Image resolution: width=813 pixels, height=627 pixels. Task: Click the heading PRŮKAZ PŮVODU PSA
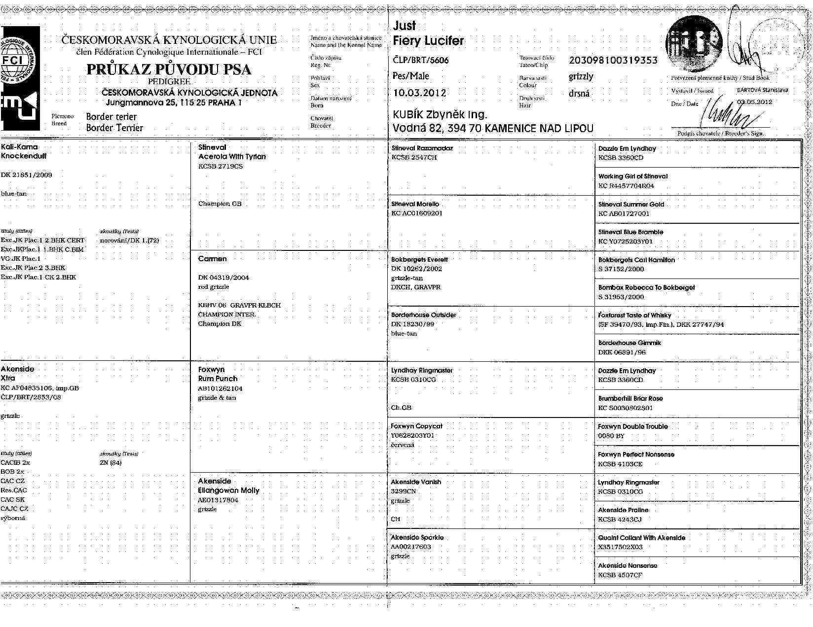(169, 70)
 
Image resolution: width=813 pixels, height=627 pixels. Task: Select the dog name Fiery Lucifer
(428, 40)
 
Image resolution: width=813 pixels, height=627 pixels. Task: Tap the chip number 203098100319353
(613, 61)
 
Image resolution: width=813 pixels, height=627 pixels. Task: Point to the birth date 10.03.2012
(419, 93)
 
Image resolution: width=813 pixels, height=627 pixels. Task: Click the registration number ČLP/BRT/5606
(421, 60)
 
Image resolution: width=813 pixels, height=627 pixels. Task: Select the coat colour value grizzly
(581, 76)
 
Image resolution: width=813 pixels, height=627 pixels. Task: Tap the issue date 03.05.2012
(754, 102)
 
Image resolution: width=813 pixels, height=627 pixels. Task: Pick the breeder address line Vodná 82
(492, 128)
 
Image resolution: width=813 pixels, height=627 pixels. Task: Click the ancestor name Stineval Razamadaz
(422, 148)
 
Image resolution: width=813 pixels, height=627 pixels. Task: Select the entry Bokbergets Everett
(419, 259)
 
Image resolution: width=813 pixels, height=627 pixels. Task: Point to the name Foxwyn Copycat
(416, 426)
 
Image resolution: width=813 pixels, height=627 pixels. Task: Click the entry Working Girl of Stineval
(632, 176)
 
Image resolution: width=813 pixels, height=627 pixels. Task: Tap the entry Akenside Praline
(623, 510)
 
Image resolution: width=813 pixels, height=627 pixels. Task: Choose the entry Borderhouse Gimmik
(629, 343)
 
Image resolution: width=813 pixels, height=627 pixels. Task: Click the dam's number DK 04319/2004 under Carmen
(223, 278)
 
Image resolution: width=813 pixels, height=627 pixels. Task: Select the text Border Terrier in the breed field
(114, 128)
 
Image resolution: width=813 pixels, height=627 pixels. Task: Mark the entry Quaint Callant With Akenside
(641, 538)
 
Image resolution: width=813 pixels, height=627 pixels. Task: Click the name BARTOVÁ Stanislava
(762, 90)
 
